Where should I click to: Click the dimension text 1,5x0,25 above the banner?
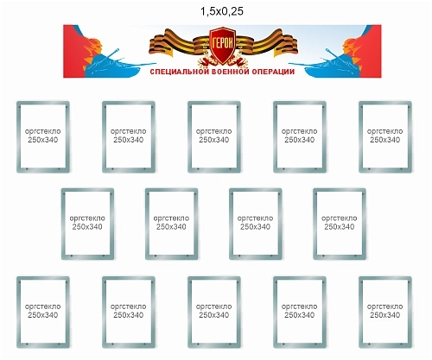point(222,11)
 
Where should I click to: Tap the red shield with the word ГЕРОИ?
point(222,46)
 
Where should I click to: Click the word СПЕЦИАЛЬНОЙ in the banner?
point(180,72)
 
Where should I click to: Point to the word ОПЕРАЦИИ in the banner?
point(273,72)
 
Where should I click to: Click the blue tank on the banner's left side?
point(115,65)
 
